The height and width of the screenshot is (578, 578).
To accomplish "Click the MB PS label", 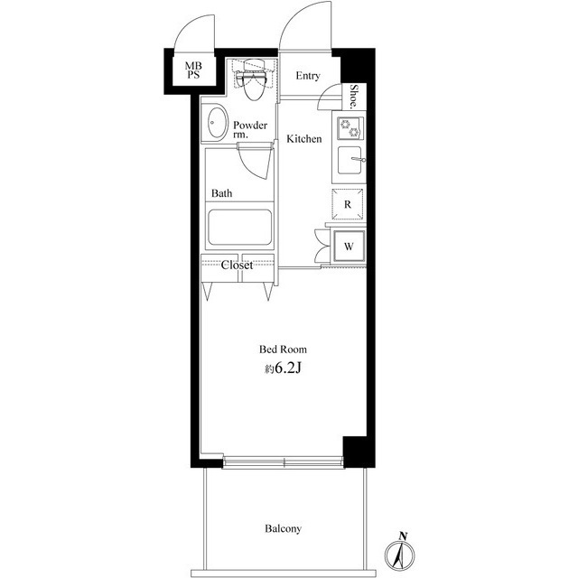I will [x=194, y=71].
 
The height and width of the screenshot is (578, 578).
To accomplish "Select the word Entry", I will [x=308, y=76].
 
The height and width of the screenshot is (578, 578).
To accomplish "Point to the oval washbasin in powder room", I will [x=217, y=124].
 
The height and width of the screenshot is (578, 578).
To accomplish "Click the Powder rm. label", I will [x=249, y=129].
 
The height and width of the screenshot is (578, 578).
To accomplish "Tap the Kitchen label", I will [x=304, y=139].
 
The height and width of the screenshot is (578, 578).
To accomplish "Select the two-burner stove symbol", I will [x=349, y=128].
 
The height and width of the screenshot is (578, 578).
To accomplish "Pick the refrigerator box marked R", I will [x=348, y=205].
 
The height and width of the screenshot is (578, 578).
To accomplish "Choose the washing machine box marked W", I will [x=348, y=245].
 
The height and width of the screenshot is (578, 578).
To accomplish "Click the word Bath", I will [x=222, y=193].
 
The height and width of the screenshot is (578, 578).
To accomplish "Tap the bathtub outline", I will [x=239, y=228].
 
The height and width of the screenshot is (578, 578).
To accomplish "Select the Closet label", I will [x=238, y=266].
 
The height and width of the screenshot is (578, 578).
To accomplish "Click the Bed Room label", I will [x=283, y=349].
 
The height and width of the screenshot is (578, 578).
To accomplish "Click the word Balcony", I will [x=283, y=528].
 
